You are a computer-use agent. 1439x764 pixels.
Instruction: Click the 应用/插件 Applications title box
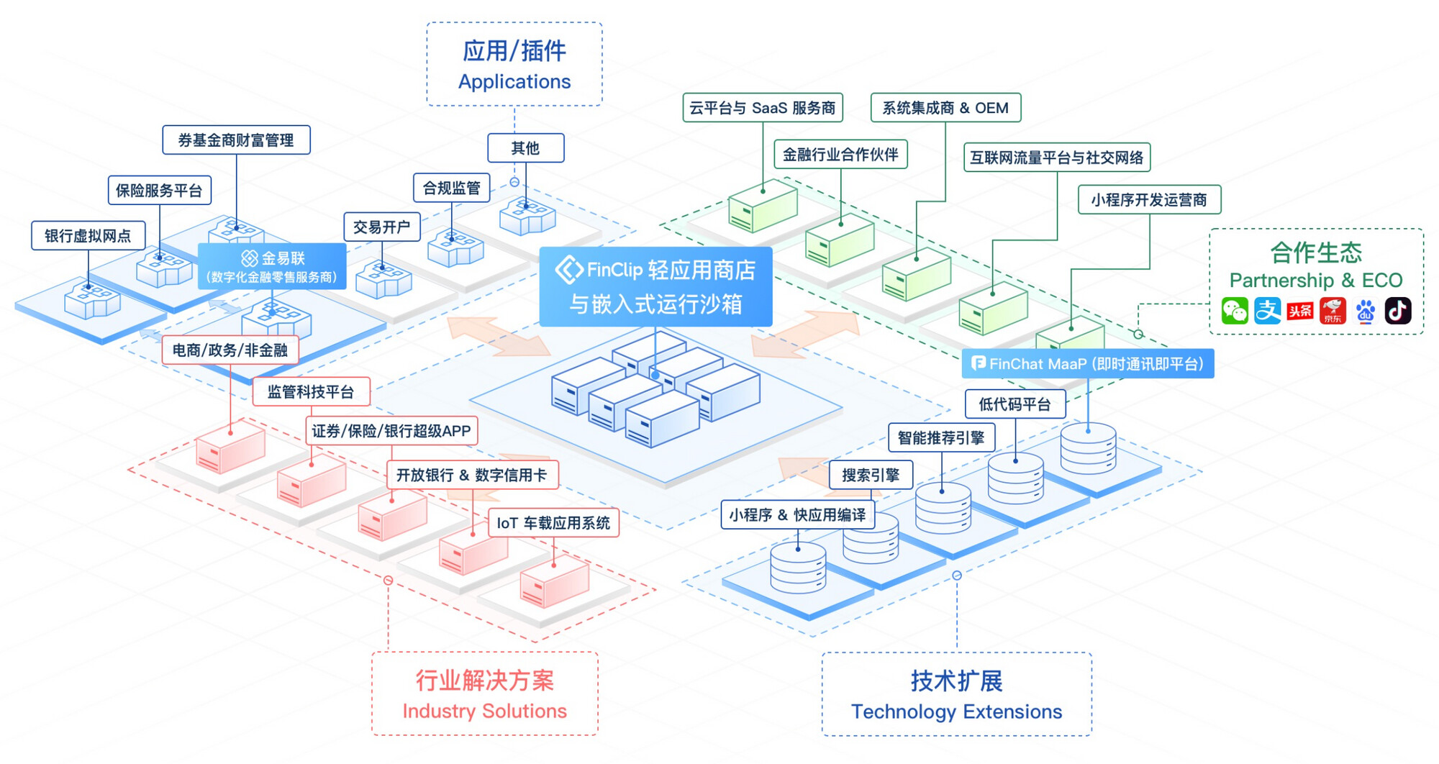tap(514, 64)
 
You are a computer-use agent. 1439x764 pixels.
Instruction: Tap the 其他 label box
tap(525, 148)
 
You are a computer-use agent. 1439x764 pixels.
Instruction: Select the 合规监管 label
tap(451, 188)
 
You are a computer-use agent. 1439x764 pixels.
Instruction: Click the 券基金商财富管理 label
tap(236, 140)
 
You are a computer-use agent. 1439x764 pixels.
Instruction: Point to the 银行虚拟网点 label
tap(88, 235)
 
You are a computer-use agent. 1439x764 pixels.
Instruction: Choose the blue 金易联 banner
tap(272, 266)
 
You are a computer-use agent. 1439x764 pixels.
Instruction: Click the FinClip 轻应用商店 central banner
tap(655, 286)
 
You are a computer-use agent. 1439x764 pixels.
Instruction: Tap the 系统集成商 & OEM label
tap(945, 108)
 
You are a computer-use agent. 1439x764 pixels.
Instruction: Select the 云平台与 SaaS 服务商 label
tap(763, 108)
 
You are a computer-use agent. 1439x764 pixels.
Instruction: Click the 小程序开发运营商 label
tap(1150, 199)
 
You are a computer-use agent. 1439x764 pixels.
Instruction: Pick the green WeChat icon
tap(1235, 311)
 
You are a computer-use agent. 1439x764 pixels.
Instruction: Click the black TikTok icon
tap(1398, 311)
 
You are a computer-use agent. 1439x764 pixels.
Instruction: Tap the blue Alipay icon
tap(1268, 311)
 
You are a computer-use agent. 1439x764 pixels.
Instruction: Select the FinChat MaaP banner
tap(1088, 363)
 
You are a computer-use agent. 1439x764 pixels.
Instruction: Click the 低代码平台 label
tap(1015, 404)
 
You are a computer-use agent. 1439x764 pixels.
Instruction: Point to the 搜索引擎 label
tap(871, 475)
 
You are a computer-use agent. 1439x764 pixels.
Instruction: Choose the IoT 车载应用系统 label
tap(553, 523)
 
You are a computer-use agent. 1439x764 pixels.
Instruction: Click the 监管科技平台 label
tap(312, 391)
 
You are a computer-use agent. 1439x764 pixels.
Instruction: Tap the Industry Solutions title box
tap(485, 693)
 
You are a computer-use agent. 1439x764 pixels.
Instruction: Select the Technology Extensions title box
tap(957, 694)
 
